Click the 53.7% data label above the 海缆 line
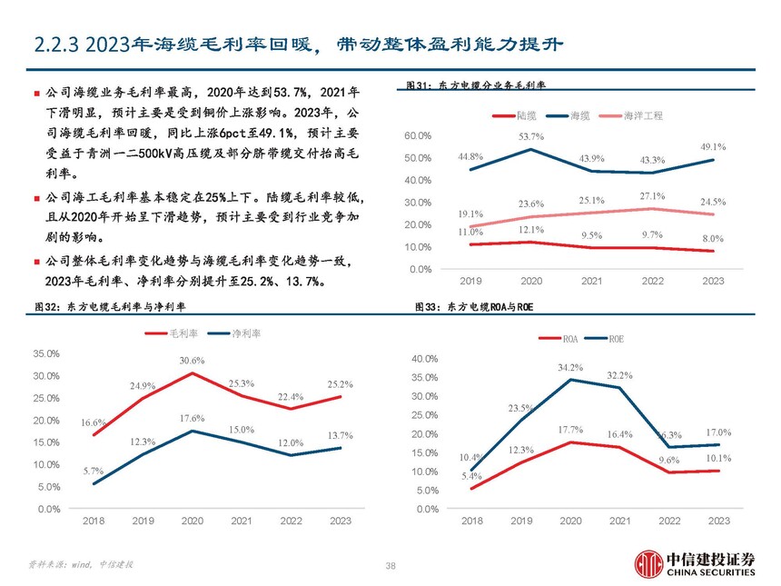[531, 136]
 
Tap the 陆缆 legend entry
[518, 116]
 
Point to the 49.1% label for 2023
[713, 146]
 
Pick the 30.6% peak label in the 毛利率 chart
[192, 361]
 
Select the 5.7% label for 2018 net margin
[94, 471]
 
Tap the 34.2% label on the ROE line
[570, 367]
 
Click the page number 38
[390, 566]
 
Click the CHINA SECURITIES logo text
[711, 573]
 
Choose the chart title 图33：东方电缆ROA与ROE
[473, 308]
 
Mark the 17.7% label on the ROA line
[570, 429]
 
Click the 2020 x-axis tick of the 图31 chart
[530, 282]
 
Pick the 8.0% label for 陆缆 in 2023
[713, 238]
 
